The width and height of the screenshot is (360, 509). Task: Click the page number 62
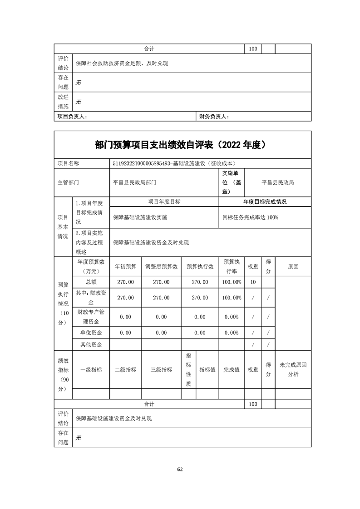180,469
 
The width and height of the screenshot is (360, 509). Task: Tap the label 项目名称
68,163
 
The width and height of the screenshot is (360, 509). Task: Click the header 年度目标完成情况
265,202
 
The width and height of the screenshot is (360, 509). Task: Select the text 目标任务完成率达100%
250,217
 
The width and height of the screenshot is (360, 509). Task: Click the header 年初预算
125,267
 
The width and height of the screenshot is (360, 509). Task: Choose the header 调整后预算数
161,267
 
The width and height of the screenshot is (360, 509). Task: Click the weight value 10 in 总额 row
253,282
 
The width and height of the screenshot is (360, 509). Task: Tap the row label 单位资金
91,333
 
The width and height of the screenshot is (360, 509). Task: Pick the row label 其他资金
91,345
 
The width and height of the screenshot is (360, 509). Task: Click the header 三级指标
161,370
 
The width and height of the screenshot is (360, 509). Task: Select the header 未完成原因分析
293,369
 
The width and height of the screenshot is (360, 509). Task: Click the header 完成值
231,370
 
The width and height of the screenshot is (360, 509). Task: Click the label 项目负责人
72,117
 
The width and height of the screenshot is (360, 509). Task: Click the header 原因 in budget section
293,267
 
